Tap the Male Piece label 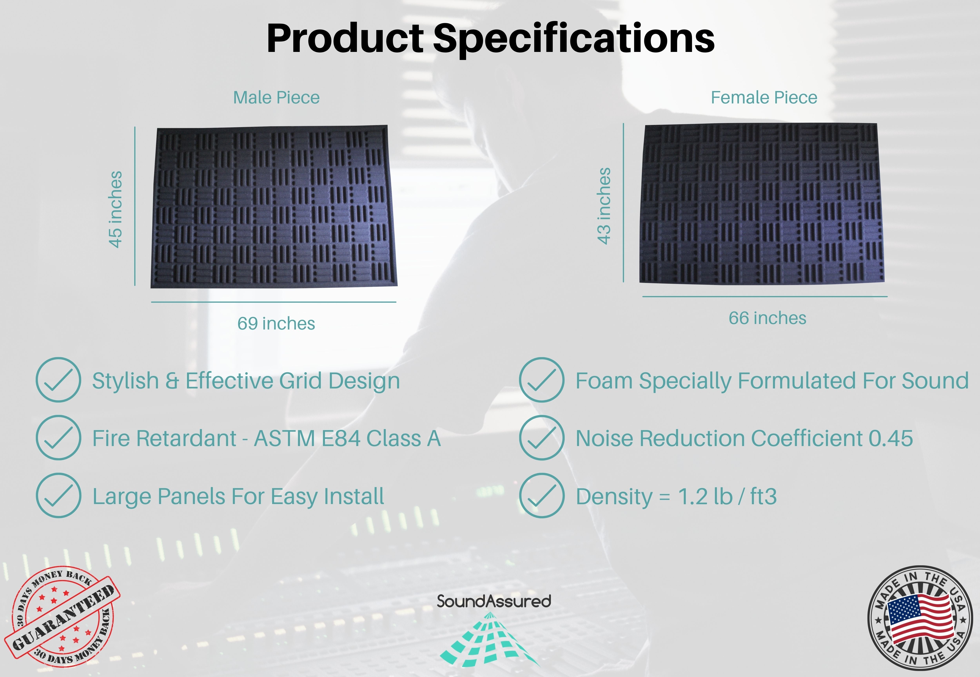click(276, 98)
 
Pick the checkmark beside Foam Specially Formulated click(542, 380)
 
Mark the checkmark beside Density click(542, 495)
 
